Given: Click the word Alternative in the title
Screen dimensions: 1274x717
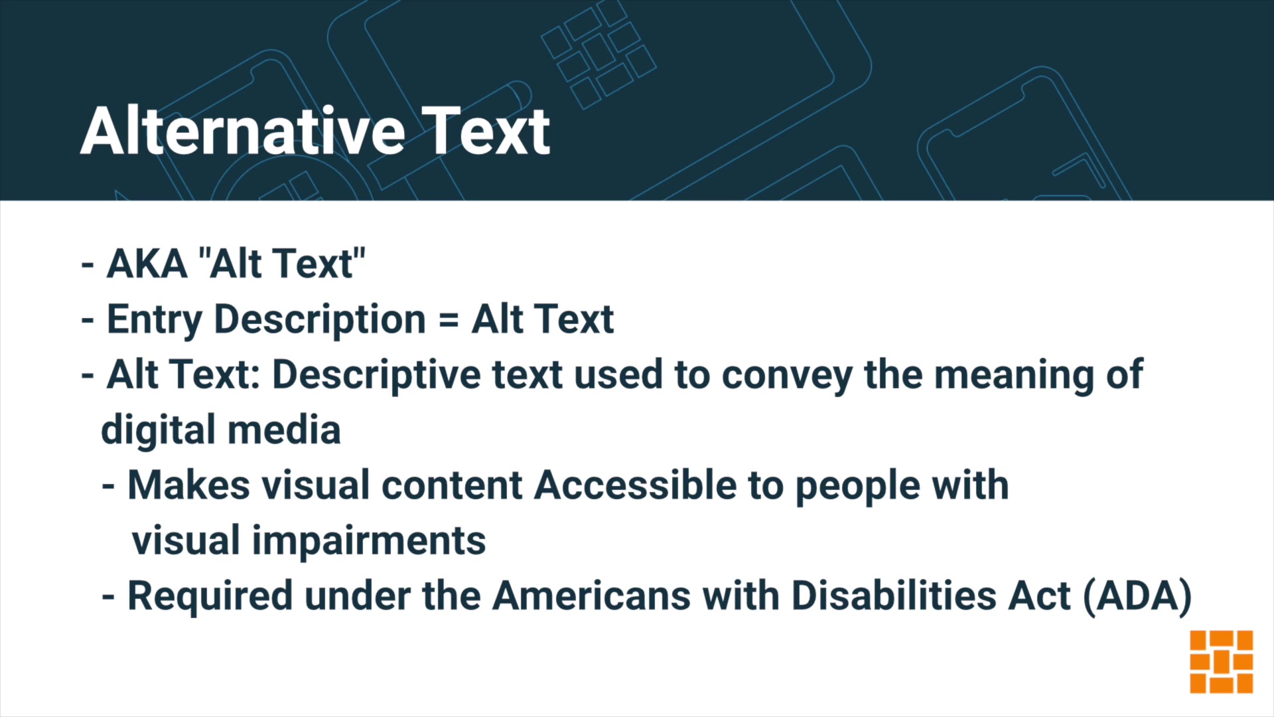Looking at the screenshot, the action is point(243,131).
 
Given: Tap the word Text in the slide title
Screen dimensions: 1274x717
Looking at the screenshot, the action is point(486,131).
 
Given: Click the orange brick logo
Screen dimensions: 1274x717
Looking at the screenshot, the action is point(1221,661).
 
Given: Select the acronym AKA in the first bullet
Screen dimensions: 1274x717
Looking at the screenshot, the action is point(147,264).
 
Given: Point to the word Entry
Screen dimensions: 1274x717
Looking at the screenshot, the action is point(154,320).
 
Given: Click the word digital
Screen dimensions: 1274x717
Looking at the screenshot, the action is point(159,430).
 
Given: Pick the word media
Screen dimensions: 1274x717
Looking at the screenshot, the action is point(285,430).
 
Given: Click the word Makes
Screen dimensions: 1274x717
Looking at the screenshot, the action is point(188,485).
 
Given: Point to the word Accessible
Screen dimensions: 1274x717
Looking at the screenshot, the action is point(636,485).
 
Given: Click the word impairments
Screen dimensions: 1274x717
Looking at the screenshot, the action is point(368,541).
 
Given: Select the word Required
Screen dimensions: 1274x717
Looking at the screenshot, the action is point(210,596).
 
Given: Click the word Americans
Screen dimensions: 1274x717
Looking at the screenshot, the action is point(592,596).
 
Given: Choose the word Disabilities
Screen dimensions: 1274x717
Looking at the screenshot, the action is point(894,596).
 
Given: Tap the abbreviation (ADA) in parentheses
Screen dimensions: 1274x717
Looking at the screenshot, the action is point(1137,596).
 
